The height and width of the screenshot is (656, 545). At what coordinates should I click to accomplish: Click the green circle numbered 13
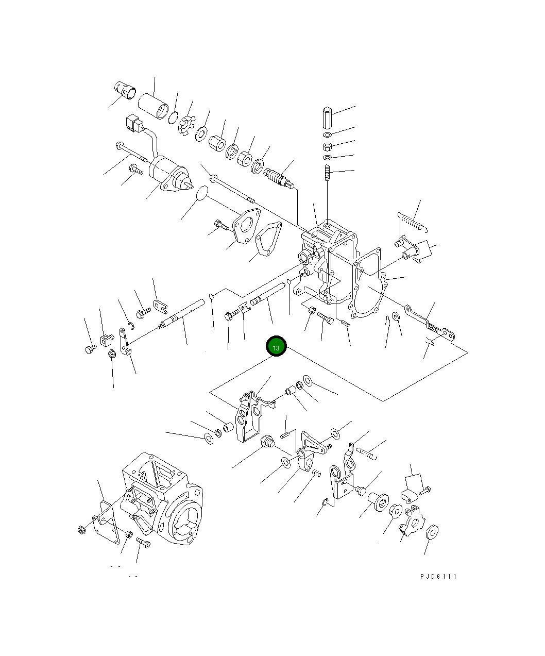[x=276, y=346]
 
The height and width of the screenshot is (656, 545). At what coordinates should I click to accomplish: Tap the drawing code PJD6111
[x=438, y=577]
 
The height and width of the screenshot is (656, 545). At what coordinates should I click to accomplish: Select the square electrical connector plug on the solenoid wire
[x=134, y=123]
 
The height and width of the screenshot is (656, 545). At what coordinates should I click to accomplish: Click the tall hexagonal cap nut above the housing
[x=327, y=117]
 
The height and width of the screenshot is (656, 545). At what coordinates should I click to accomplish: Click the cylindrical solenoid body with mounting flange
[x=171, y=174]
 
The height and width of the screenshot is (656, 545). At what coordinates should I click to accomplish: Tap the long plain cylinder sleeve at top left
[x=155, y=106]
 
